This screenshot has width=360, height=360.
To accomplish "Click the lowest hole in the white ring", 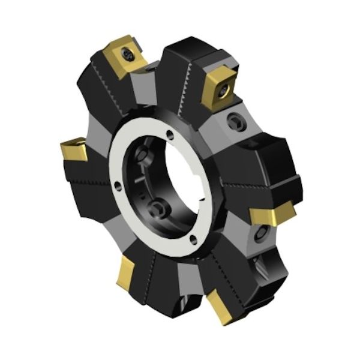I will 193,241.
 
